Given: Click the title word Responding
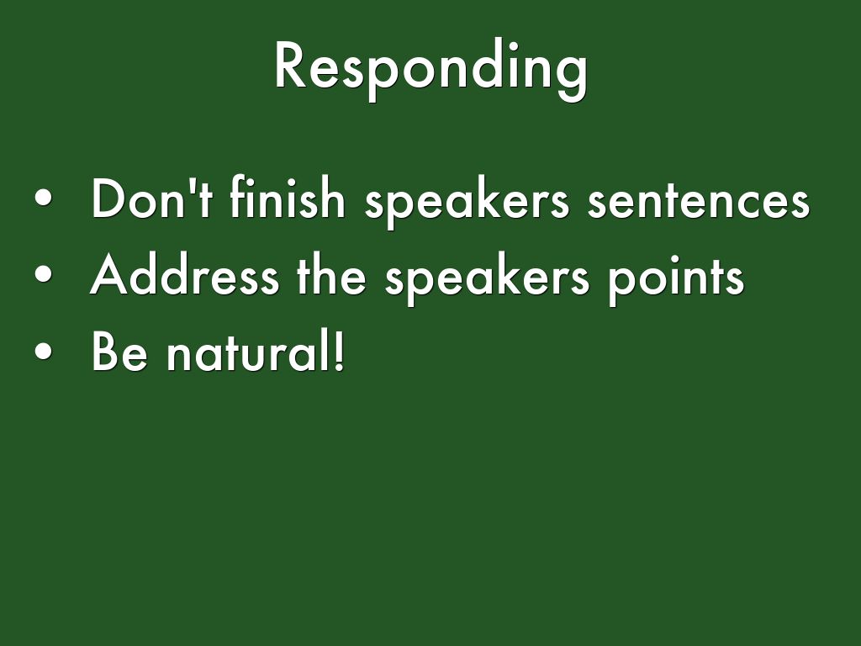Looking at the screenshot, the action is click(431, 69).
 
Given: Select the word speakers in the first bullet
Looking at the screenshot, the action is click(467, 202).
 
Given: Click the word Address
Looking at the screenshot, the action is click(184, 274).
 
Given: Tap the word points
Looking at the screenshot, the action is click(676, 278).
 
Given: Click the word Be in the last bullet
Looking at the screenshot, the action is click(119, 351).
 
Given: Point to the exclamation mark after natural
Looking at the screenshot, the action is click(339, 350).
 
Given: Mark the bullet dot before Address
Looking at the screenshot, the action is click(44, 274).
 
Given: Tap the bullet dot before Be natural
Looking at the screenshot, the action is click(44, 351).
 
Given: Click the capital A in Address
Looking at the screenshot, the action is click(108, 275).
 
